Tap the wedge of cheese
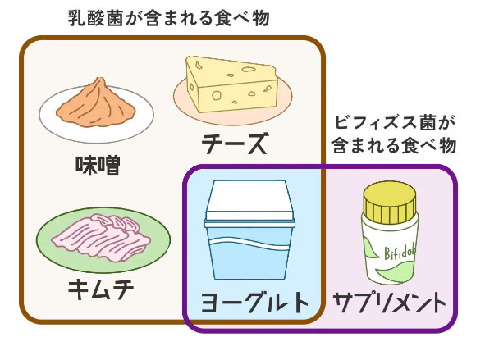231,84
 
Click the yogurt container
249,230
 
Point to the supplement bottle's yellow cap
390,202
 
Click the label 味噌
98,166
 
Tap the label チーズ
234,144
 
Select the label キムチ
101,289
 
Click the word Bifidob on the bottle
400,254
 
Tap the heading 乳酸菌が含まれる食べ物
168,19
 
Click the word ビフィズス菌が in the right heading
395,123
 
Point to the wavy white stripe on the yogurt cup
249,243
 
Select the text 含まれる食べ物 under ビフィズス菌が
395,145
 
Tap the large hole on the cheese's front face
217,94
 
